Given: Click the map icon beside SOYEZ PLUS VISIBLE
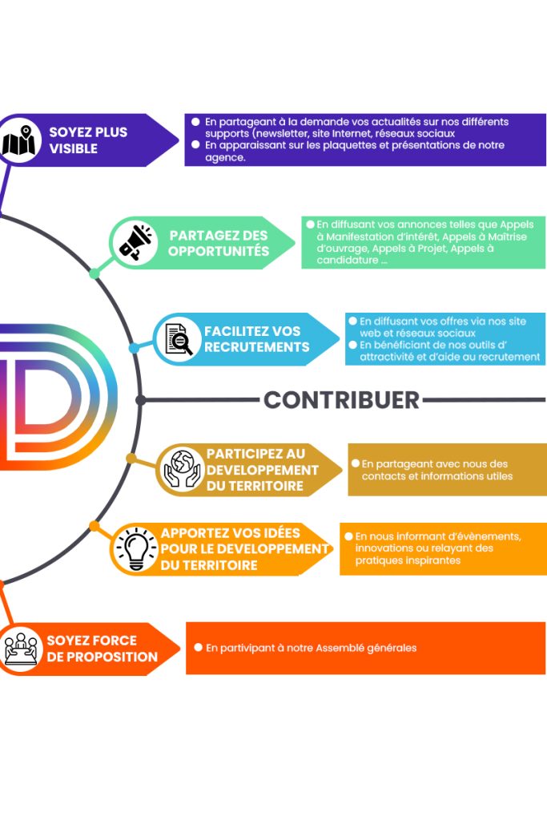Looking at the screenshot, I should click(x=21, y=140).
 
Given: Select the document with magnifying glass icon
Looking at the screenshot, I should click(x=179, y=339).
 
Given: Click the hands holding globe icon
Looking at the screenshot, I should click(x=181, y=469).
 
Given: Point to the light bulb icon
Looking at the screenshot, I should click(x=135, y=548).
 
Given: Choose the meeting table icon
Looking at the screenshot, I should click(x=21, y=648).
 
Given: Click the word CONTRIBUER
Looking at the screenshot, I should click(x=341, y=399).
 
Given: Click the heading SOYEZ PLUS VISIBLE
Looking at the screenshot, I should click(x=88, y=140).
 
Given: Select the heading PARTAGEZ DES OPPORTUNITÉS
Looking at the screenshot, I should click(x=219, y=243).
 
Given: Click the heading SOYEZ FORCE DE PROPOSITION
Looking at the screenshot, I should click(x=102, y=649).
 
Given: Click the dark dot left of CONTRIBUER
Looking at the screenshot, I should click(x=141, y=399).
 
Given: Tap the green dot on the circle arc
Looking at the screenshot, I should click(x=95, y=273).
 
